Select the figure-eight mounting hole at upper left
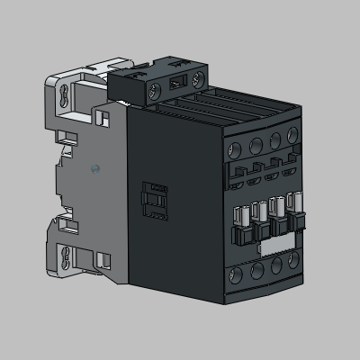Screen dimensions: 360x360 (x=65, y=96)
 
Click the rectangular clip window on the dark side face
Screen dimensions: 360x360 (x=157, y=201)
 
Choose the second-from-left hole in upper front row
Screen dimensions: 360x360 (x=256, y=143)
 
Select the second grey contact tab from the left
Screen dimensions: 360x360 (x=258, y=215)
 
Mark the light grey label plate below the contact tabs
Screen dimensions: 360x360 (x=270, y=244)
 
